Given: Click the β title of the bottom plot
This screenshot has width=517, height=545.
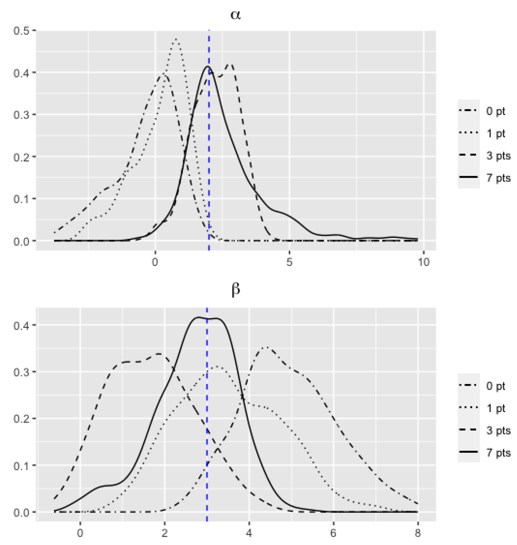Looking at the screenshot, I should click(x=235, y=290).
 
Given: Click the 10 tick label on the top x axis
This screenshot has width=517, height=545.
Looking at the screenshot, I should click(x=424, y=262).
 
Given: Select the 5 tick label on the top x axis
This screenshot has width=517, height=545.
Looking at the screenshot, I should click(x=289, y=262).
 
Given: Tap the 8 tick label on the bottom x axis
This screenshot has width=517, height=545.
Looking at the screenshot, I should click(x=418, y=533).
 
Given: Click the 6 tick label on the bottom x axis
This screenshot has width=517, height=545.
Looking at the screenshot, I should click(x=333, y=533).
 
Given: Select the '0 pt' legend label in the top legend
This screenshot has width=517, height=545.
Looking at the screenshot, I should click(x=495, y=111).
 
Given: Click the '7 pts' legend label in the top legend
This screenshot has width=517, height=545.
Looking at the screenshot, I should click(x=498, y=178).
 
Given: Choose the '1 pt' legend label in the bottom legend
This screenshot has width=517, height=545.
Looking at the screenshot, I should click(x=495, y=408).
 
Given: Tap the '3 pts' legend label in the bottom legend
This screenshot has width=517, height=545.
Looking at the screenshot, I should click(x=498, y=430).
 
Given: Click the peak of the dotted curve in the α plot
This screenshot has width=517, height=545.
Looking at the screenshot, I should click(x=176, y=39).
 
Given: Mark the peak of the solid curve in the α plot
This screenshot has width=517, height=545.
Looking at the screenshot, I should click(x=208, y=67).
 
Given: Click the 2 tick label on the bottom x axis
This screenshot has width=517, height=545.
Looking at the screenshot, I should click(x=165, y=533).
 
